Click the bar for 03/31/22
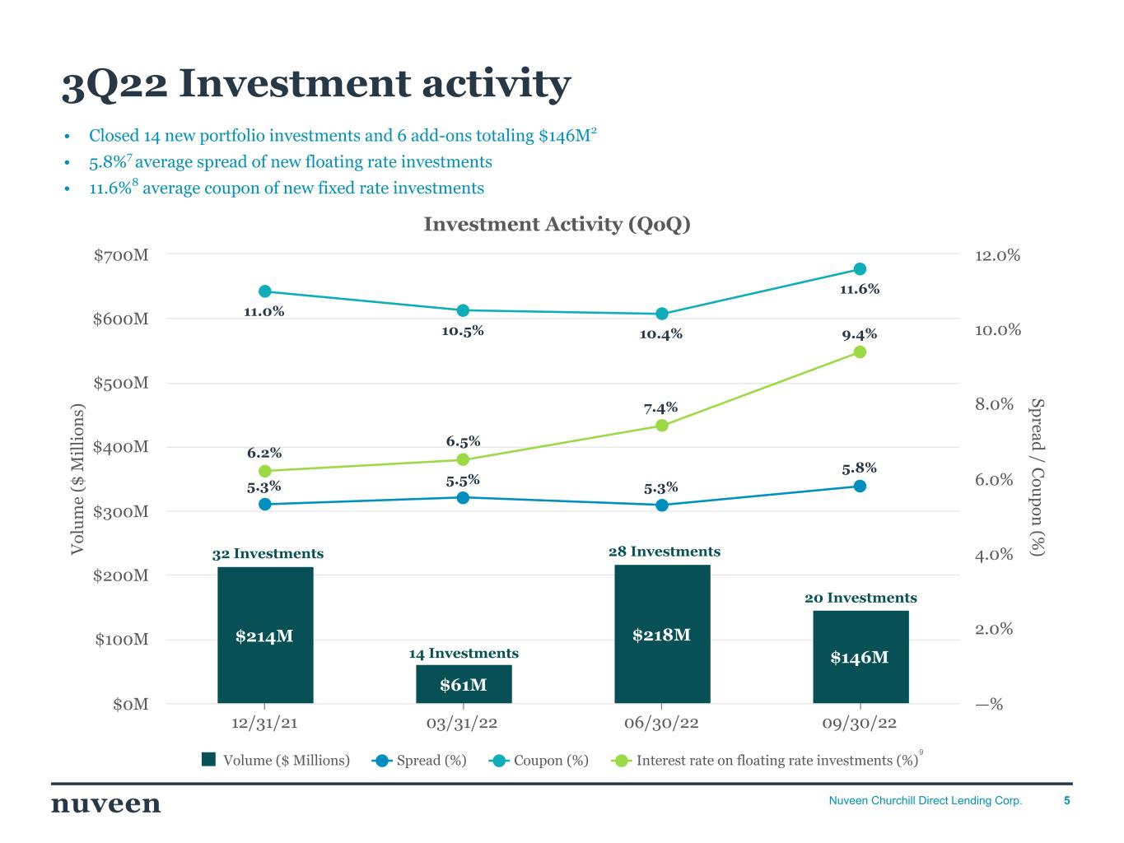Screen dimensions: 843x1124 (464, 684)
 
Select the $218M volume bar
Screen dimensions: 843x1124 (662, 634)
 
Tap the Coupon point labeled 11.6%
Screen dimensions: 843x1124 (860, 269)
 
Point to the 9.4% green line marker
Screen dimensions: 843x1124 (860, 352)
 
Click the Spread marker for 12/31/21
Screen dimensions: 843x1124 (265, 504)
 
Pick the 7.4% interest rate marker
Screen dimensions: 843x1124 (661, 426)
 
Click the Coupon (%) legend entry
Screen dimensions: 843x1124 (539, 761)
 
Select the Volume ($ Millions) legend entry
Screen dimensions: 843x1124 (277, 761)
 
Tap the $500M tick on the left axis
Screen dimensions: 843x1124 (121, 384)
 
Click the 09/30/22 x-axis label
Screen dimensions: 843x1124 (860, 724)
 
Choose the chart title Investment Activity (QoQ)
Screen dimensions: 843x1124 (557, 225)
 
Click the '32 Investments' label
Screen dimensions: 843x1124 (268, 554)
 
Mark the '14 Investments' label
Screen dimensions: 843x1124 (464, 654)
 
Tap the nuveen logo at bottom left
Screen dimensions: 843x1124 (106, 803)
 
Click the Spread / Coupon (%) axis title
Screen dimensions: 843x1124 (1037, 477)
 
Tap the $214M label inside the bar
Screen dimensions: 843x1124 (264, 636)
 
